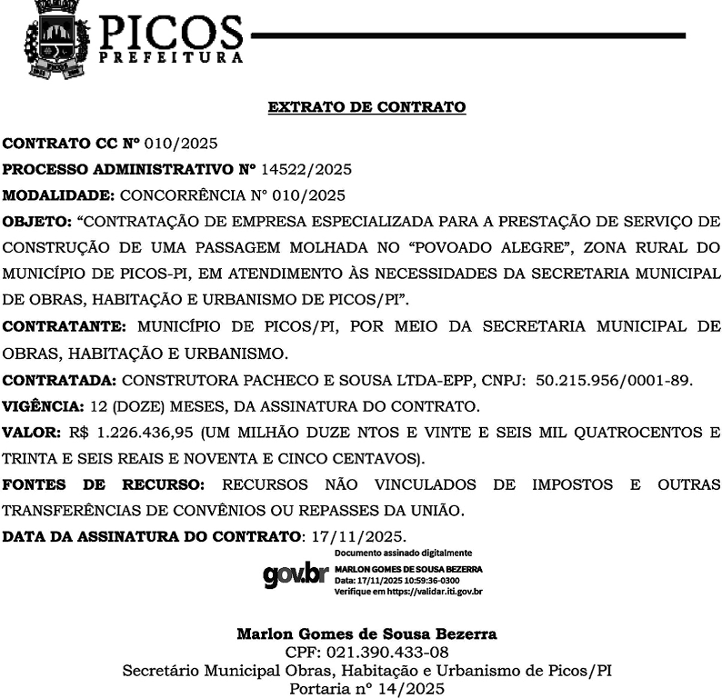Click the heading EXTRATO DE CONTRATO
pyautogui.click(x=366, y=107)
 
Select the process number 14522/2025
pyautogui.click(x=306, y=169)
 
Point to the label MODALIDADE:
pyautogui.click(x=58, y=195)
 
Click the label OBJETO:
pyautogui.click(x=36, y=221)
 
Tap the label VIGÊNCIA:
pyautogui.click(x=43, y=405)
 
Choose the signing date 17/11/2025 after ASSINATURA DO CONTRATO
pyautogui.click(x=357, y=536)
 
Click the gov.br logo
pyautogui.click(x=294, y=574)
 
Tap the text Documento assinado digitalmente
pyautogui.click(x=403, y=553)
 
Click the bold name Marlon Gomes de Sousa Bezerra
pyautogui.click(x=366, y=633)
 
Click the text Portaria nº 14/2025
pyautogui.click(x=366, y=690)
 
